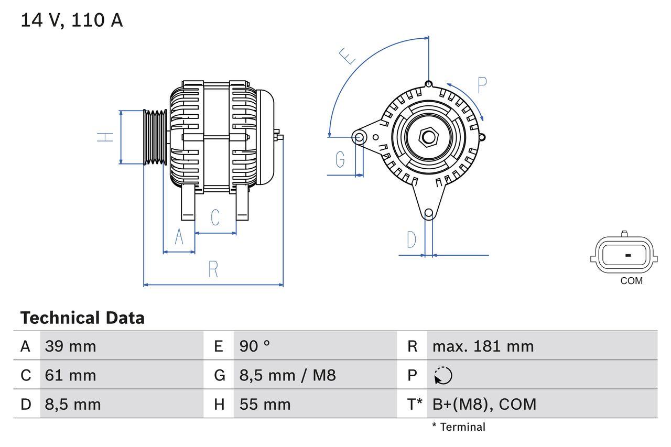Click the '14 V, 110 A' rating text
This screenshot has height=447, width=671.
click(x=72, y=20)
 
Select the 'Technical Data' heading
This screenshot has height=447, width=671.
click(x=82, y=318)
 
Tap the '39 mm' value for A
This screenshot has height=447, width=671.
click(x=70, y=346)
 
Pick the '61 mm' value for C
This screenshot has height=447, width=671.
click(x=70, y=375)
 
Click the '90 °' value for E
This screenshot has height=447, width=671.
click(x=255, y=346)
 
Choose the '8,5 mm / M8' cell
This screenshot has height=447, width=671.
click(x=287, y=375)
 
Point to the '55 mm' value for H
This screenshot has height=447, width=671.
click(x=265, y=404)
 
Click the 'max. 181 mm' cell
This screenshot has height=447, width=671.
click(x=483, y=346)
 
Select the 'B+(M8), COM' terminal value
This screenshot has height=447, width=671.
click(x=484, y=404)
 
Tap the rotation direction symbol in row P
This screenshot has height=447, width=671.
click(x=443, y=376)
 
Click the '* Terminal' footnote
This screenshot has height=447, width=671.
click(x=459, y=427)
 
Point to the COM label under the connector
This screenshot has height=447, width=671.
click(x=631, y=281)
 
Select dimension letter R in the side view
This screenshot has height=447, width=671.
click(x=213, y=269)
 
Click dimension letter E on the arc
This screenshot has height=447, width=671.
click(x=347, y=56)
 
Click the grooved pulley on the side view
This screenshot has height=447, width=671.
click(x=155, y=137)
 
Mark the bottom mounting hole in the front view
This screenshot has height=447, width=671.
click(x=429, y=213)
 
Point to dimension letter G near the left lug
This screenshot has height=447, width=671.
click(x=340, y=159)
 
